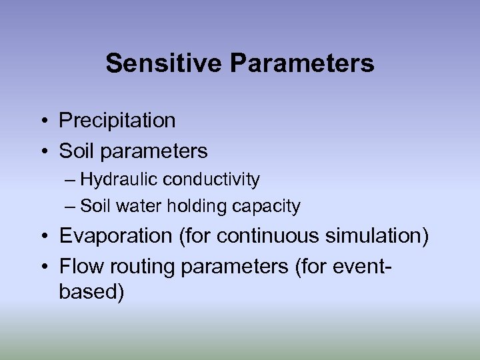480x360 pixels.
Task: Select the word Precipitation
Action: click(117, 121)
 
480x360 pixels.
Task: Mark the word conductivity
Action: click(211, 179)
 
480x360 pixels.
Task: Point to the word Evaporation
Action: click(115, 236)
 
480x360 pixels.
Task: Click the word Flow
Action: click(79, 267)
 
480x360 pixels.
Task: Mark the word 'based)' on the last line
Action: click(91, 293)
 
